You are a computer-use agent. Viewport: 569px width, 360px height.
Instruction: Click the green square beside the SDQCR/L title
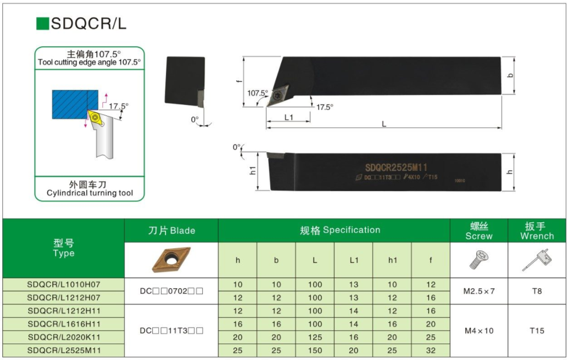pyautogui.click(x=42, y=24)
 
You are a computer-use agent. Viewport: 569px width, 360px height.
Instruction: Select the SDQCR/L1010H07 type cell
pyautogui.click(x=64, y=285)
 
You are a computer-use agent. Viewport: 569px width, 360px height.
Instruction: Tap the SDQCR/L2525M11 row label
pyautogui.click(x=64, y=351)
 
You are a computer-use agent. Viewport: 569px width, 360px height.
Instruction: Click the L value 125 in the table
pyautogui.click(x=315, y=337)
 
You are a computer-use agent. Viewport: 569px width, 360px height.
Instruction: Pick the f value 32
pyautogui.click(x=431, y=351)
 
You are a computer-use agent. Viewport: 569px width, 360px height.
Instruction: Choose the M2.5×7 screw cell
pyautogui.click(x=479, y=291)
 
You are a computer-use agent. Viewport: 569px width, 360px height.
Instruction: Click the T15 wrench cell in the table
pyautogui.click(x=537, y=330)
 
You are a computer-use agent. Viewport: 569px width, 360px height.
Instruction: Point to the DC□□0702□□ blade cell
pyautogui.click(x=171, y=291)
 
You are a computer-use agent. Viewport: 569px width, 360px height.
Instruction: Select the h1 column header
pyautogui.click(x=392, y=260)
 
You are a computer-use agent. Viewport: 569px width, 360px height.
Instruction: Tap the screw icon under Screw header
pyautogui.click(x=479, y=260)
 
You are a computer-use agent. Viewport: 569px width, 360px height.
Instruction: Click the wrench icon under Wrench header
pyautogui.click(x=537, y=260)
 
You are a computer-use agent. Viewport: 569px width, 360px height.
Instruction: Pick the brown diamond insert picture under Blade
pyautogui.click(x=171, y=260)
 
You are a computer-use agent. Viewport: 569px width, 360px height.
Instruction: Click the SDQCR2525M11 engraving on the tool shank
pyautogui.click(x=396, y=167)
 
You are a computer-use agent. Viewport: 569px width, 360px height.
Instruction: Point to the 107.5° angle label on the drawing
pyautogui.click(x=257, y=93)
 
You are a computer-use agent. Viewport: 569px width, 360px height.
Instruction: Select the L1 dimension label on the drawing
pyautogui.click(x=288, y=117)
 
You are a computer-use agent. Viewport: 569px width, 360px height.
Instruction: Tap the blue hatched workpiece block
pyautogui.click(x=75, y=104)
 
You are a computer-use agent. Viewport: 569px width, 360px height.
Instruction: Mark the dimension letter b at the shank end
pyautogui.click(x=510, y=75)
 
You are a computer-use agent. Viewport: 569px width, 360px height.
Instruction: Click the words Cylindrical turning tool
pyautogui.click(x=90, y=193)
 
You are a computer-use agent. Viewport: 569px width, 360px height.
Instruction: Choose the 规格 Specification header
pyautogui.click(x=340, y=230)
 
